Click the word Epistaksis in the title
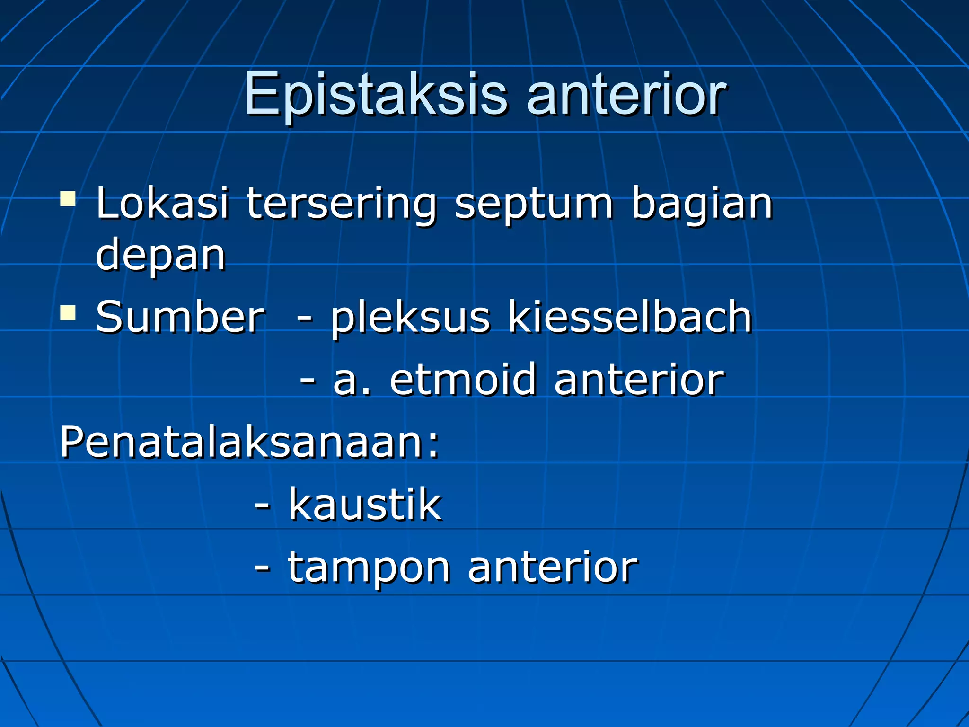tap(376, 95)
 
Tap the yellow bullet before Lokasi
tap(68, 199)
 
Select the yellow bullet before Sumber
tap(68, 312)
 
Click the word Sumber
tap(180, 317)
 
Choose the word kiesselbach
tap(630, 317)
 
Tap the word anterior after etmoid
tap(639, 380)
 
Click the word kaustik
tap(365, 505)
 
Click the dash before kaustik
tap(263, 505)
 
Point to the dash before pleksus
tap(305, 318)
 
